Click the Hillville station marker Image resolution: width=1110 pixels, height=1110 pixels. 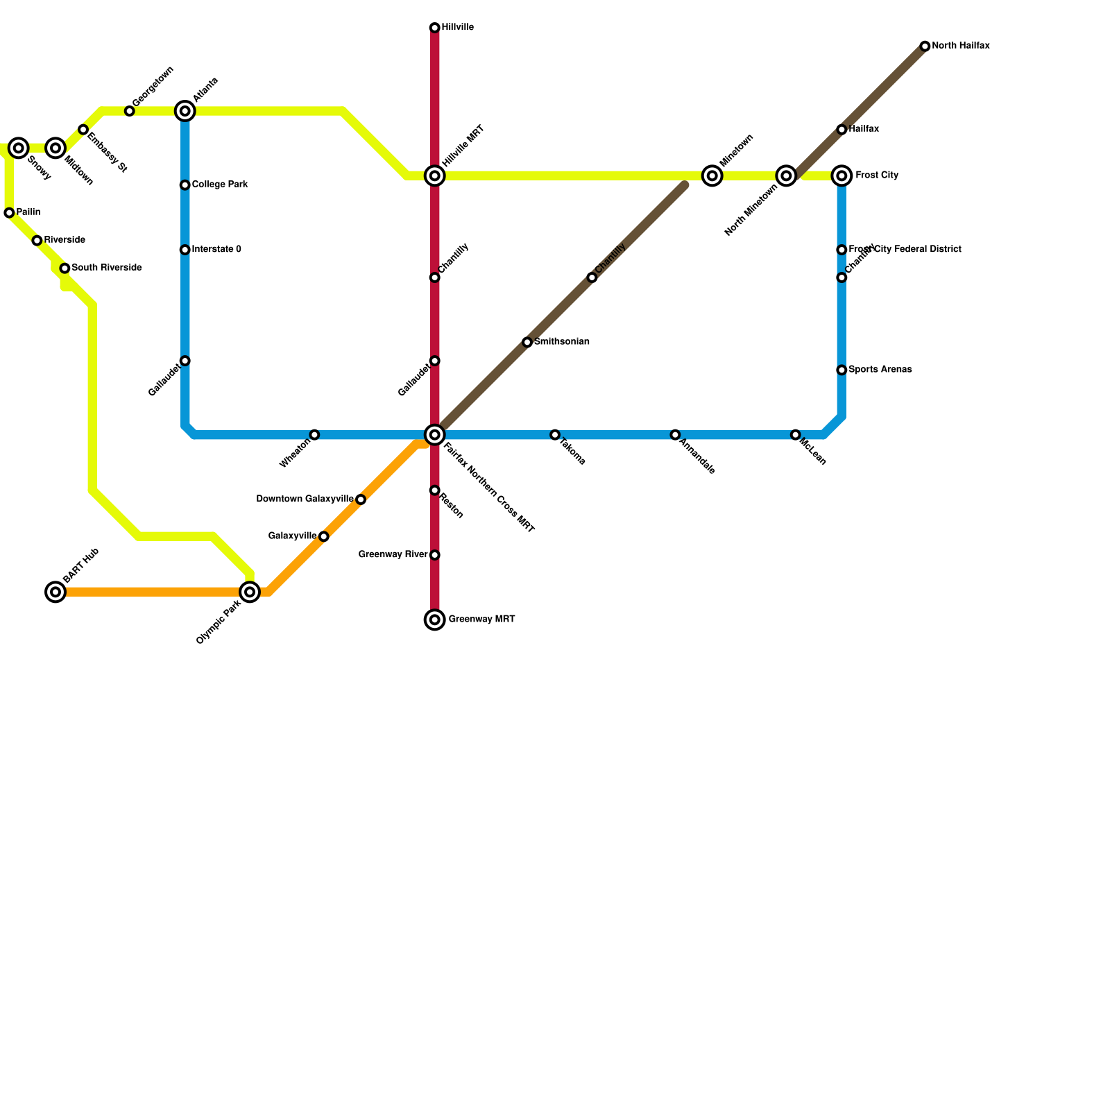coord(434,28)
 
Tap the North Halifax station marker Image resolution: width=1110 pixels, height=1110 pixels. coord(925,46)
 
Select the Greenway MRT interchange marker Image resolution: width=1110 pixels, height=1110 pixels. coord(434,620)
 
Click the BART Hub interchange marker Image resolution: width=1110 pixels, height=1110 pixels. coord(55,592)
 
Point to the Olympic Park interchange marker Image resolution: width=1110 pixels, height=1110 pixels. coord(250,592)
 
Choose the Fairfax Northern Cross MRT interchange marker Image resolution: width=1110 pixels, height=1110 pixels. coord(434,435)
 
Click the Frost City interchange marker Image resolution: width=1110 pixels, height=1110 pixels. coord(842,176)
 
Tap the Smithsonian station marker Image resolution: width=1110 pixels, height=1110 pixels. coord(527,342)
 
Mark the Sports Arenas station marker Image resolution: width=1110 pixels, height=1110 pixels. coord(842,370)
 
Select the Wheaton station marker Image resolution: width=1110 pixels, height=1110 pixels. coord(314,435)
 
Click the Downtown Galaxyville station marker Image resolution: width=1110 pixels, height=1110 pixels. coord(361,499)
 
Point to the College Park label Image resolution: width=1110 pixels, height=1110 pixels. coord(220,185)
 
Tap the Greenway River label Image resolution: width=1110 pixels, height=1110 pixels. coord(393,554)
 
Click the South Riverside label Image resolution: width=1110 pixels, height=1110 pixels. coord(107,268)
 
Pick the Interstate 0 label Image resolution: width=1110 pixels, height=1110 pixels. coord(216,249)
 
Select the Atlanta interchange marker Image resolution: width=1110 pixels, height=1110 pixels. coord(185,111)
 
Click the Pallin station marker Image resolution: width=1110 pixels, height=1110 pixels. coord(9,213)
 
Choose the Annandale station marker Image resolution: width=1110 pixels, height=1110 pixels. coord(675,435)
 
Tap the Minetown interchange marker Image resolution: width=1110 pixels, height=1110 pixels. coord(712,176)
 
